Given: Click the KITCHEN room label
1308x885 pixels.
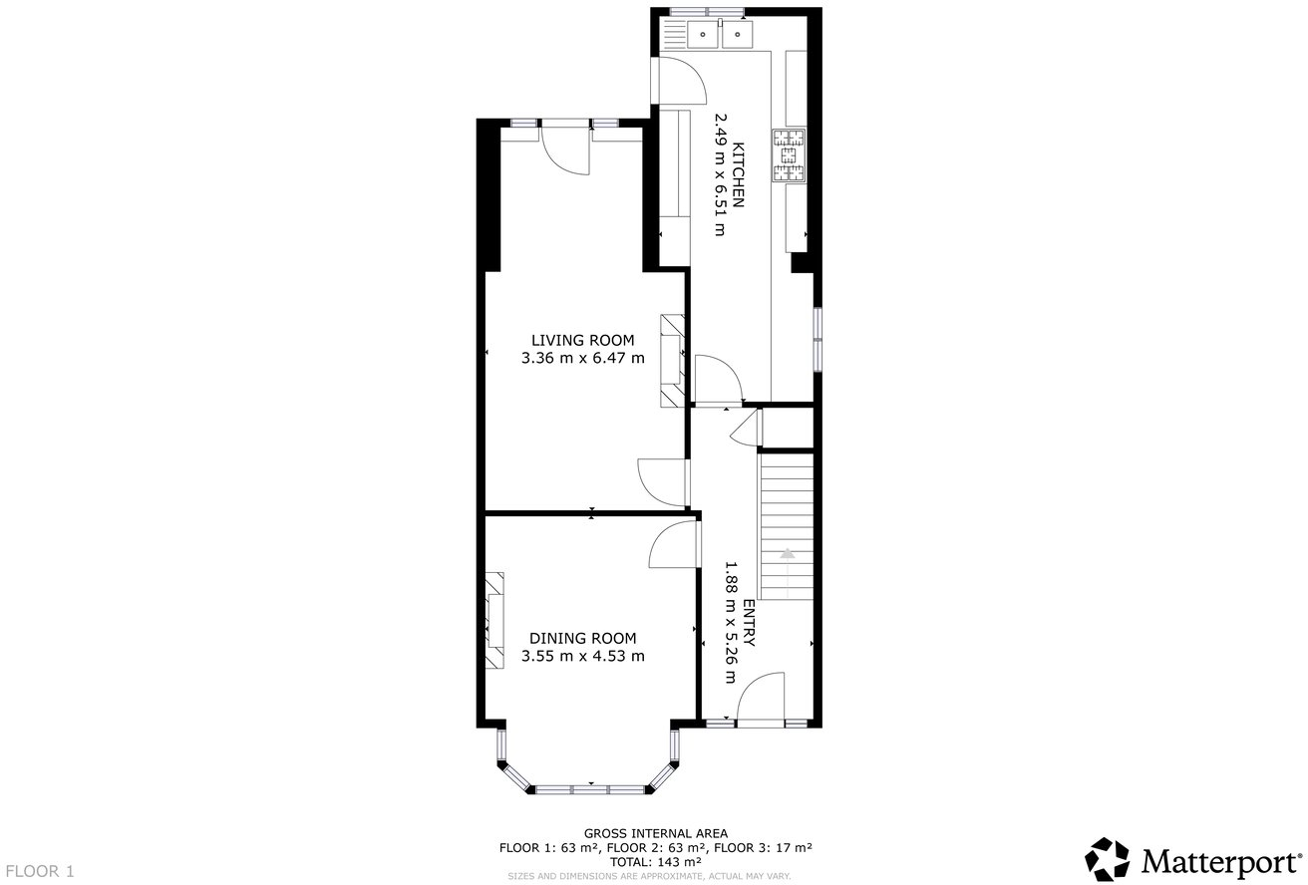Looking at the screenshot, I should (739, 175).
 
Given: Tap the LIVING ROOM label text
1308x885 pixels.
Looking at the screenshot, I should (582, 340).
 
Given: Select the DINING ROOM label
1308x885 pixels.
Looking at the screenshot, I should (582, 638).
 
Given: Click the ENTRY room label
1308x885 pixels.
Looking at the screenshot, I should (749, 623).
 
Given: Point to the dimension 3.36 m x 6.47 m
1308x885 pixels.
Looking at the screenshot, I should (582, 358).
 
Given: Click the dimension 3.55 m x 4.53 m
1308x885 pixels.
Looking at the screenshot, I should (582, 656).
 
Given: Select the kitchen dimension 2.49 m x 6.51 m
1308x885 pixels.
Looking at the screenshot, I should (720, 175).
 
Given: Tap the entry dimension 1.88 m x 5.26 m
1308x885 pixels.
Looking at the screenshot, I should (730, 623).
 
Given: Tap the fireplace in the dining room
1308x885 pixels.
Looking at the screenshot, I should (495, 621).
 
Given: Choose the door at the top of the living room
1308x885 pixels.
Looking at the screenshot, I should (565, 149).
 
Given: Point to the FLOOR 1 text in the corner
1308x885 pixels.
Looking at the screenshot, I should (39, 871).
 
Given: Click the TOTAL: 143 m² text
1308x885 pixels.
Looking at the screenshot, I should (655, 861).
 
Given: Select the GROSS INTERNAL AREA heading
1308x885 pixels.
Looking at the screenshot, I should (655, 833).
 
